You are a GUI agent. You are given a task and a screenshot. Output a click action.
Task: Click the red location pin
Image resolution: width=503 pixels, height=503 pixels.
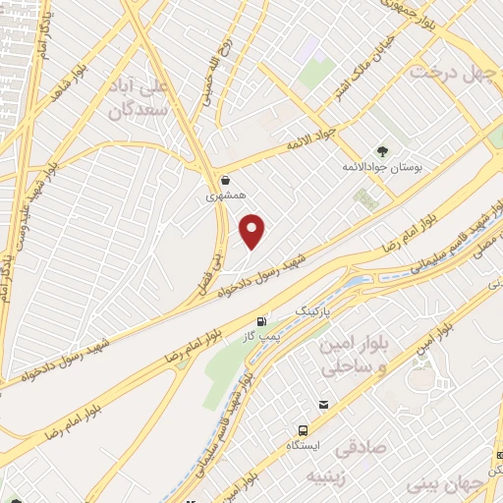coord(253,231)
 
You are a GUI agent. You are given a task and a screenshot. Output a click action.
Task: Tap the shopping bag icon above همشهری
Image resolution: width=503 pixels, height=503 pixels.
coord(227,181)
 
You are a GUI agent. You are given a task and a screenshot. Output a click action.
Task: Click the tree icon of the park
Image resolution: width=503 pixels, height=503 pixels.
coord(381,151)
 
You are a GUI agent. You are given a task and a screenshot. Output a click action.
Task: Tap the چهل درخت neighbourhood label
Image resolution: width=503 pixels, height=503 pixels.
coord(449,72)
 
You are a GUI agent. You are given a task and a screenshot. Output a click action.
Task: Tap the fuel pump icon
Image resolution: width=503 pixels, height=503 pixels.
coord(261,321)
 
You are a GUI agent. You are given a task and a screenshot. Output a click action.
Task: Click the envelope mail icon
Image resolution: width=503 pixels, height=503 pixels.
coord(323,404)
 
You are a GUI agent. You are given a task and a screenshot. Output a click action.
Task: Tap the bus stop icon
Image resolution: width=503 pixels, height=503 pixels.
coord(302,430)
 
